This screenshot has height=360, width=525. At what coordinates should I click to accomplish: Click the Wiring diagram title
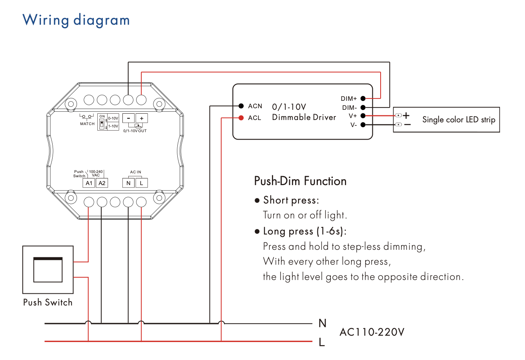tap(76, 20)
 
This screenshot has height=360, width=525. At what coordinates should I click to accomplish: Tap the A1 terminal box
tap(89, 183)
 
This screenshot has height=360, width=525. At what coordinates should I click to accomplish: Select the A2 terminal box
tap(102, 183)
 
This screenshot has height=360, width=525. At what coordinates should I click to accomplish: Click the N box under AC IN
tap(128, 183)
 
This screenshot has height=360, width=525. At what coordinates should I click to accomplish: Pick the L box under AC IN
tap(141, 183)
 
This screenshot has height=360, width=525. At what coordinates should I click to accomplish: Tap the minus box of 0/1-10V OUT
tap(128, 118)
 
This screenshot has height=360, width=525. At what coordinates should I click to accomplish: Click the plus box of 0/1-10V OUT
tap(142, 118)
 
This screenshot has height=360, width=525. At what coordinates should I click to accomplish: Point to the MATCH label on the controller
tap(87, 124)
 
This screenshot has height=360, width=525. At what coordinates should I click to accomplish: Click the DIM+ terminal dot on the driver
tap(363, 98)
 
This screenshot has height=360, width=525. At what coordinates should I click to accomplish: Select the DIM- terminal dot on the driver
tap(363, 107)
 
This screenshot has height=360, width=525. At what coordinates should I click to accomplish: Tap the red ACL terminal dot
tap(241, 118)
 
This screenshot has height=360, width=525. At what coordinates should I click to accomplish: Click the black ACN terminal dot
tap(241, 106)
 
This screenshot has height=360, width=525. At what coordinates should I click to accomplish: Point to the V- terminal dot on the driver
tap(363, 125)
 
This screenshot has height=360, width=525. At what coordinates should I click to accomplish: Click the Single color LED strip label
tap(459, 120)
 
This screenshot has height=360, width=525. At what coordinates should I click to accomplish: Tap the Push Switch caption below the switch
tap(48, 302)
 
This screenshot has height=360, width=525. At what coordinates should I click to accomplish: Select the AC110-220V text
tap(372, 332)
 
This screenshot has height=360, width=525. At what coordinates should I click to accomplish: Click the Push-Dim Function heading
tap(300, 181)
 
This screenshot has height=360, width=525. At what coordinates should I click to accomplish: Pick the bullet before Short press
tap(257, 200)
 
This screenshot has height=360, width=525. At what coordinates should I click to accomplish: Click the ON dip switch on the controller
tap(102, 124)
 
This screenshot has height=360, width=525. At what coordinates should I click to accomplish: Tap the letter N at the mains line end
tap(323, 323)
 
